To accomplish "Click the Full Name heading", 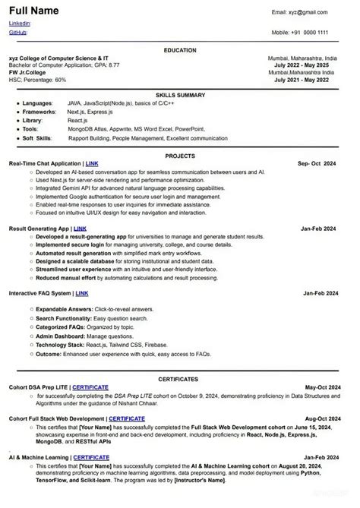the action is point(35,11).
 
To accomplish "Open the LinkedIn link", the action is point(20,24).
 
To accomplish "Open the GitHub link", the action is point(17,33).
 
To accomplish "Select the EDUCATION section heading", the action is point(179,49).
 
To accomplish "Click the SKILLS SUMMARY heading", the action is point(180,94).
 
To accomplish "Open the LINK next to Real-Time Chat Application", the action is point(92,163).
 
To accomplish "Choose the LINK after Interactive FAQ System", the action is point(81,292).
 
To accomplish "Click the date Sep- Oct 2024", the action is point(317,163).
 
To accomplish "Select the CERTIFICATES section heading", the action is point(179,377).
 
